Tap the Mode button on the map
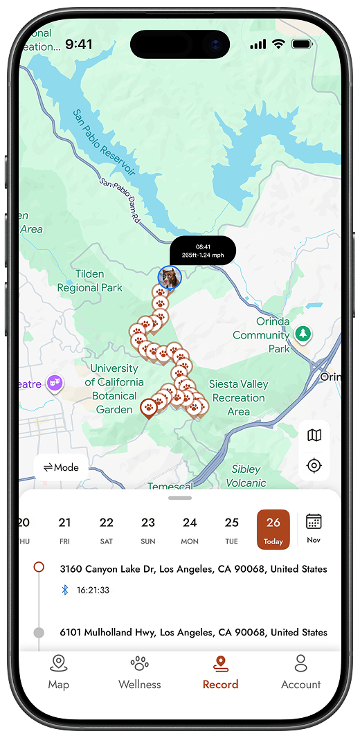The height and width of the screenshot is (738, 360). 61,467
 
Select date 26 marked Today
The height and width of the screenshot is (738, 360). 273,529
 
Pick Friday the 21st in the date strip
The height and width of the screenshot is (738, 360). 64,529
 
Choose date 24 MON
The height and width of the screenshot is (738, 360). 190,529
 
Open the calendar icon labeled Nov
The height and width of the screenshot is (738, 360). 314,528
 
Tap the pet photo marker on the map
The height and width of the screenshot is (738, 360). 169,278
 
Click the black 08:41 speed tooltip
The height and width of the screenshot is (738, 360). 203,250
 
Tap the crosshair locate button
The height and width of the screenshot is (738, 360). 314,465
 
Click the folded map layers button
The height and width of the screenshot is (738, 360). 314,435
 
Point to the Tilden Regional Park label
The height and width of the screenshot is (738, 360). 89,280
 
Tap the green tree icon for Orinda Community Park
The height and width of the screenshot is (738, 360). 303,334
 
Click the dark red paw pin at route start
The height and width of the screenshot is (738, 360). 148,407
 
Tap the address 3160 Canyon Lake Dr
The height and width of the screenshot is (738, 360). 193,569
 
